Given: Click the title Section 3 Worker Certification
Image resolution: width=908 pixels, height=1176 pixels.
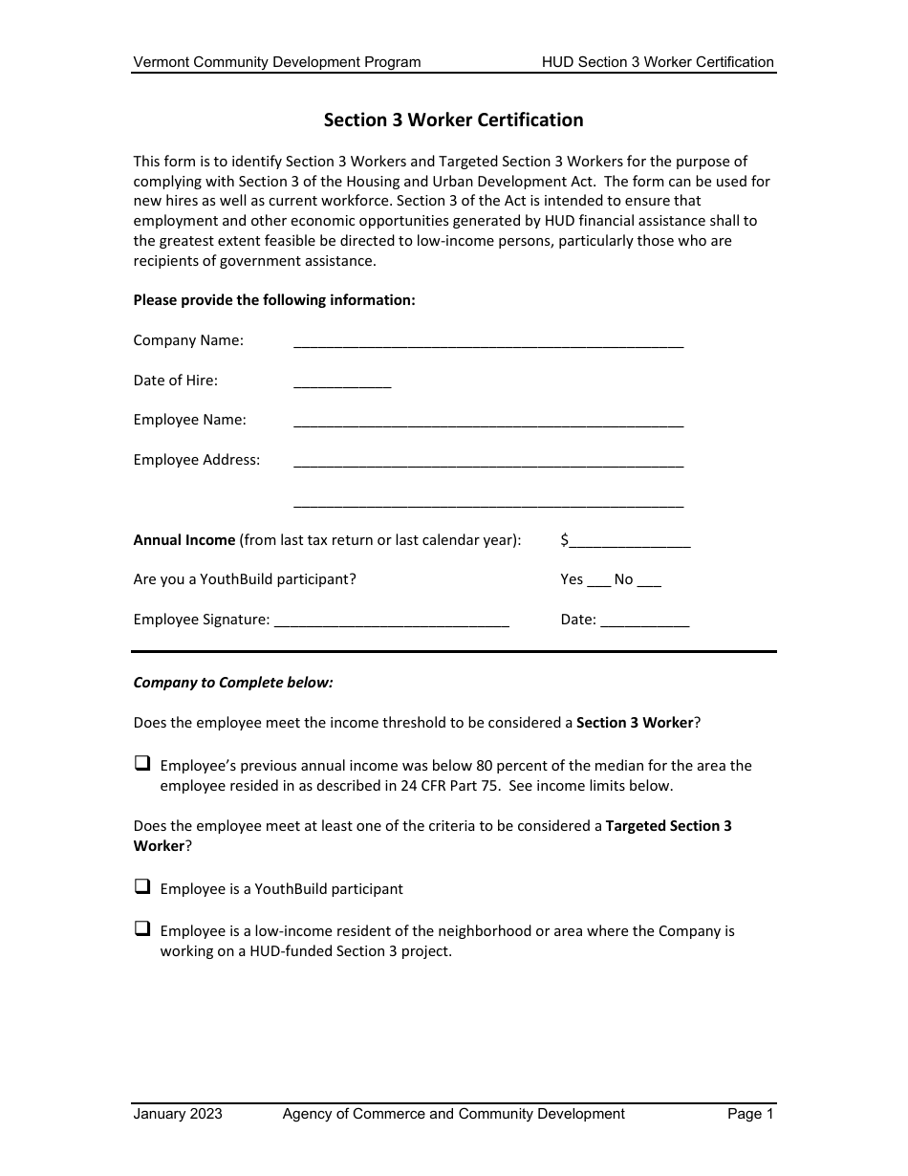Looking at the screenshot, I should pyautogui.click(x=453, y=120).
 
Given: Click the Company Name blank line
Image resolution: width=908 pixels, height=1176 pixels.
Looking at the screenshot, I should pyautogui.click(x=488, y=342).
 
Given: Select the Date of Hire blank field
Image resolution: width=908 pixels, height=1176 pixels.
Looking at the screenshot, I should pyautogui.click(x=342, y=382).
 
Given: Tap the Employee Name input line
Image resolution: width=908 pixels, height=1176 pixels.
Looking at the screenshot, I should pyautogui.click(x=488, y=422).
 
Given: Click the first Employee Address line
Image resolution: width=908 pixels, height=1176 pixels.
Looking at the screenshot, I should pyautogui.click(x=488, y=462).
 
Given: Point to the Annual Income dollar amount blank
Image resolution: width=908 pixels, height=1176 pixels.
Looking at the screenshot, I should pyautogui.click(x=630, y=542).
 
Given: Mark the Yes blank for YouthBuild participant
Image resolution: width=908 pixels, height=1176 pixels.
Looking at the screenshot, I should pyautogui.click(x=598, y=580).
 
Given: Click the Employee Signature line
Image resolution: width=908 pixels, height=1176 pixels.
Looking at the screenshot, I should pyautogui.click(x=391, y=621).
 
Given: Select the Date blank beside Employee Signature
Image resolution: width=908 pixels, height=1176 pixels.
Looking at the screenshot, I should pyautogui.click(x=644, y=621).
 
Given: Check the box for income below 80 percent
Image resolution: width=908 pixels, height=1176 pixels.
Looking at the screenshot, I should pyautogui.click(x=142, y=764).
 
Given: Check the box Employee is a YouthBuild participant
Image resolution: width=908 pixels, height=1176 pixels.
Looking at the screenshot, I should pyautogui.click(x=142, y=887).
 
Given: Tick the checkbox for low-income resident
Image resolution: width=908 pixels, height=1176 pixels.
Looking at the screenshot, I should pyautogui.click(x=142, y=928).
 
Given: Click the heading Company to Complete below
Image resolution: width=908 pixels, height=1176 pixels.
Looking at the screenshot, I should pyautogui.click(x=233, y=683).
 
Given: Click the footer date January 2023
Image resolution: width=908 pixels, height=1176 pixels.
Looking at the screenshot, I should pyautogui.click(x=178, y=1114).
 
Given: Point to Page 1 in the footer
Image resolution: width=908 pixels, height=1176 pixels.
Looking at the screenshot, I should pyautogui.click(x=750, y=1114).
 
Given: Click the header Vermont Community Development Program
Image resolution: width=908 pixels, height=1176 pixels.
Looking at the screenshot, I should pyautogui.click(x=277, y=62).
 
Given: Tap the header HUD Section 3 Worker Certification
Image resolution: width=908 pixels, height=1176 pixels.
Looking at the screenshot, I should pyautogui.click(x=658, y=62).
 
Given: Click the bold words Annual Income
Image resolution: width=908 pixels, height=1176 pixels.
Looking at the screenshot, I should pyautogui.click(x=184, y=540).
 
